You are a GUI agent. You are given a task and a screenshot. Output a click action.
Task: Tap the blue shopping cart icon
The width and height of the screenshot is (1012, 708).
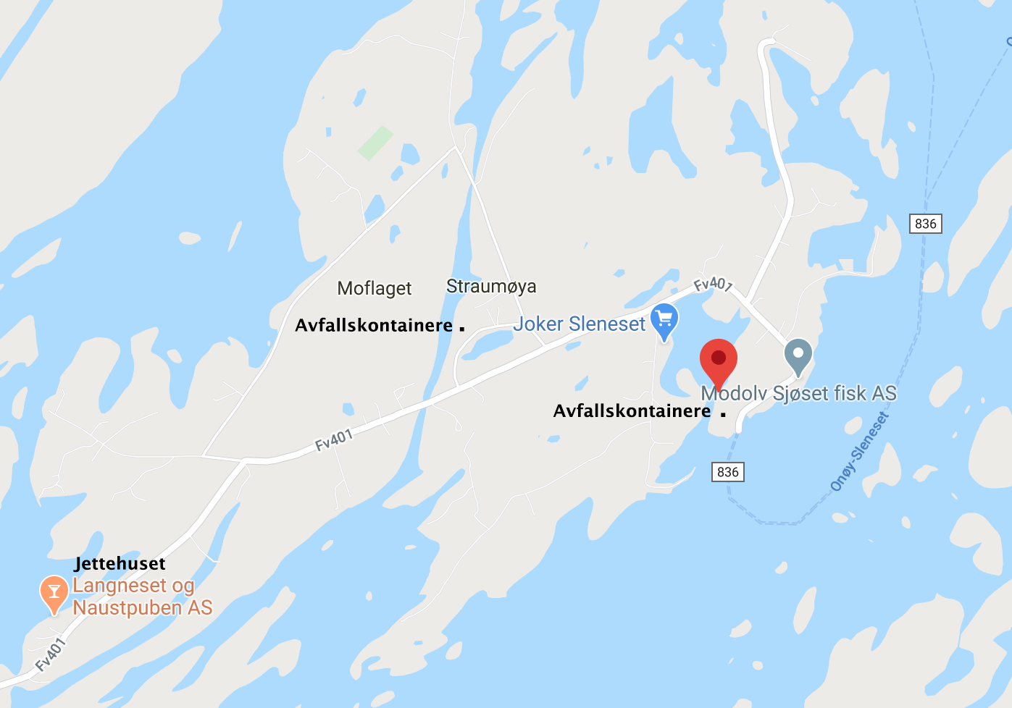[x=664, y=321]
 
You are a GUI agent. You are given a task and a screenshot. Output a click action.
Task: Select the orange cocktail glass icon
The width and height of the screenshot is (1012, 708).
[x=54, y=593]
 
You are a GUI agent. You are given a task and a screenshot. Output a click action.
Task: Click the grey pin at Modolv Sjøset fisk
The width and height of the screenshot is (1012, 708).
[x=798, y=355]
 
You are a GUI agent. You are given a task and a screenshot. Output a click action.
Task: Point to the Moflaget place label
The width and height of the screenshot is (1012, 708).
[x=375, y=288]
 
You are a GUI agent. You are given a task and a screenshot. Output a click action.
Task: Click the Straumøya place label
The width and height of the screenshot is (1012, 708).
[x=491, y=286]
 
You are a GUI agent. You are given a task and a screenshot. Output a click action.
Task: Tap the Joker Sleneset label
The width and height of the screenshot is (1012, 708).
[x=579, y=324]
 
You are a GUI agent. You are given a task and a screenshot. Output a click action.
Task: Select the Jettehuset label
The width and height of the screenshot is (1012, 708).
[x=120, y=563]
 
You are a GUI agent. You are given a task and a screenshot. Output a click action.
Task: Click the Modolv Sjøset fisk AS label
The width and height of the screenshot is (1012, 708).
[x=799, y=393]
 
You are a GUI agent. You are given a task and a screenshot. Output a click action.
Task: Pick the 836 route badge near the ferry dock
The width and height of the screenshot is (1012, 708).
[x=727, y=472]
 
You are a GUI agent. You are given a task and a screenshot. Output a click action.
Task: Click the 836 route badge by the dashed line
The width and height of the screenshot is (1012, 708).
[x=926, y=224]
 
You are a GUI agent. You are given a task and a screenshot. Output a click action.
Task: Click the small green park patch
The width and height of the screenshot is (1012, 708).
[x=375, y=142]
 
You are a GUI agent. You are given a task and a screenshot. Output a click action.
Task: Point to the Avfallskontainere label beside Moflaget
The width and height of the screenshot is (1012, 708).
[x=374, y=325]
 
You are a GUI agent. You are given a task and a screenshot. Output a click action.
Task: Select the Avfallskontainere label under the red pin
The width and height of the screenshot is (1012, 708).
[x=632, y=410]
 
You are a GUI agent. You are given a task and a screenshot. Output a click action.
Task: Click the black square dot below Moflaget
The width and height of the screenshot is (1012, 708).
[x=462, y=329]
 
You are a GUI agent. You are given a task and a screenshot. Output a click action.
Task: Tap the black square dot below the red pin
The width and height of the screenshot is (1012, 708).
[x=723, y=414]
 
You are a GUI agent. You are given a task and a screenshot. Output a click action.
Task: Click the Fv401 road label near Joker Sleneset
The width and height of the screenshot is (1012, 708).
[x=714, y=284]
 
